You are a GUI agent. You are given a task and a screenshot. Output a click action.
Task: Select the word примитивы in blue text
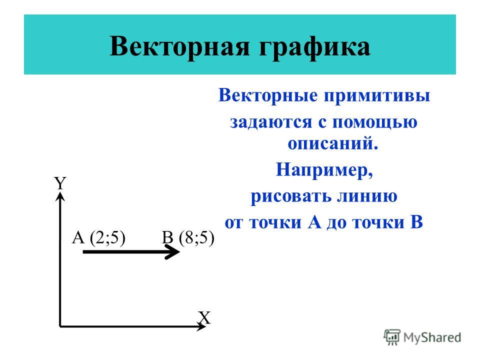[377, 96]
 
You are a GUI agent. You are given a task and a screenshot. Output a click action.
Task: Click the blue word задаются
[271, 122]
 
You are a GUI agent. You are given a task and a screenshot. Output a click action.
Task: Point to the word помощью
[374, 122]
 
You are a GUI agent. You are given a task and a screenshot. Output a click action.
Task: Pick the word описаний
[333, 143]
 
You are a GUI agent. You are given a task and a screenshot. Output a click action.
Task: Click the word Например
[324, 169]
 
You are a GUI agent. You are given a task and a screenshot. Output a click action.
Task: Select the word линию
[367, 195]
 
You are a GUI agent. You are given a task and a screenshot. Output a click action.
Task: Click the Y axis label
[60, 183]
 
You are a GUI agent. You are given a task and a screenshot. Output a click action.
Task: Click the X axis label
[204, 318]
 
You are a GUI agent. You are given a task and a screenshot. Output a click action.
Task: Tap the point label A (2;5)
[98, 237]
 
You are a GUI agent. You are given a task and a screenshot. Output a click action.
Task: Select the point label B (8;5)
[188, 237]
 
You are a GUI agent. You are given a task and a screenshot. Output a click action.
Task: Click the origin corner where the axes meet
[60, 326]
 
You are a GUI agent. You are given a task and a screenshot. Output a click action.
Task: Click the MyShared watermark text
[432, 337]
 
